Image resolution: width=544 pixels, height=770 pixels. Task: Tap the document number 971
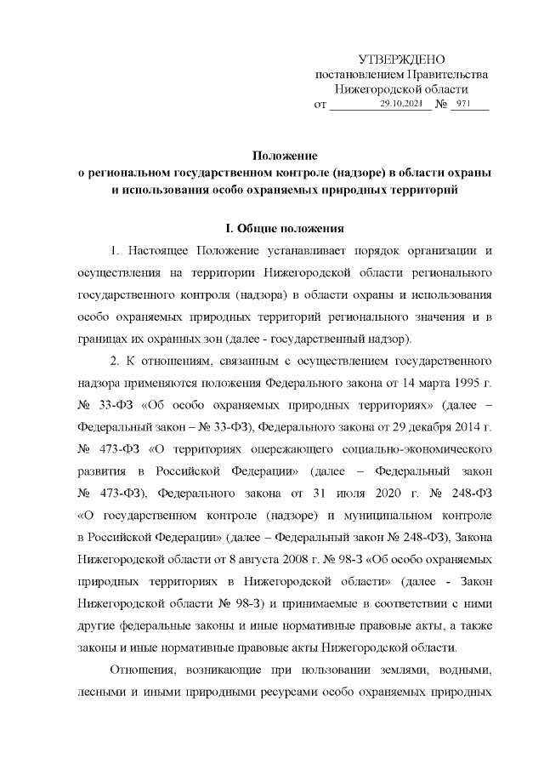click(x=463, y=104)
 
